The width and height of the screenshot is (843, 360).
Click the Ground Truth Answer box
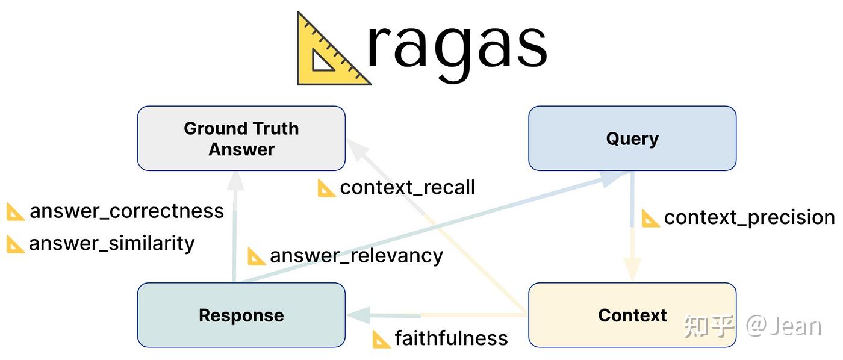pos(241,138)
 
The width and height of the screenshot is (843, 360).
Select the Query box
pos(632,138)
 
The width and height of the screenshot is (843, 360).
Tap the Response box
pos(241,315)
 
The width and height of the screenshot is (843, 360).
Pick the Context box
pos(632,315)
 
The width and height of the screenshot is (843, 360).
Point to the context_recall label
pos(407,187)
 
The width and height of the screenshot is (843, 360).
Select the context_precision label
pos(748,217)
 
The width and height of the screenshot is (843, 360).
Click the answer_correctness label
pos(126,211)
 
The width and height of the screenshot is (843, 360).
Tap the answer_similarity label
pos(111,243)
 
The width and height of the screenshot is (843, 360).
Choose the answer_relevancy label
pos(356,256)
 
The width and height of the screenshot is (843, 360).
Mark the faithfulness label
pos(451,338)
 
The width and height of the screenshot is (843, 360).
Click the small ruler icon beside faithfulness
pos(381,339)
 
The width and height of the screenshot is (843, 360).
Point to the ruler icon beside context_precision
pos(650,218)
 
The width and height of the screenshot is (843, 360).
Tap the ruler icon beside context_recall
pos(326,188)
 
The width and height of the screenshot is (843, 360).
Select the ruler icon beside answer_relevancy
pos(257,256)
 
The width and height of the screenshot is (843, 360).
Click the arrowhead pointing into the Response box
pos(358,315)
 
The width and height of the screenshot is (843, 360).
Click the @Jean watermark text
pos(783,326)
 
